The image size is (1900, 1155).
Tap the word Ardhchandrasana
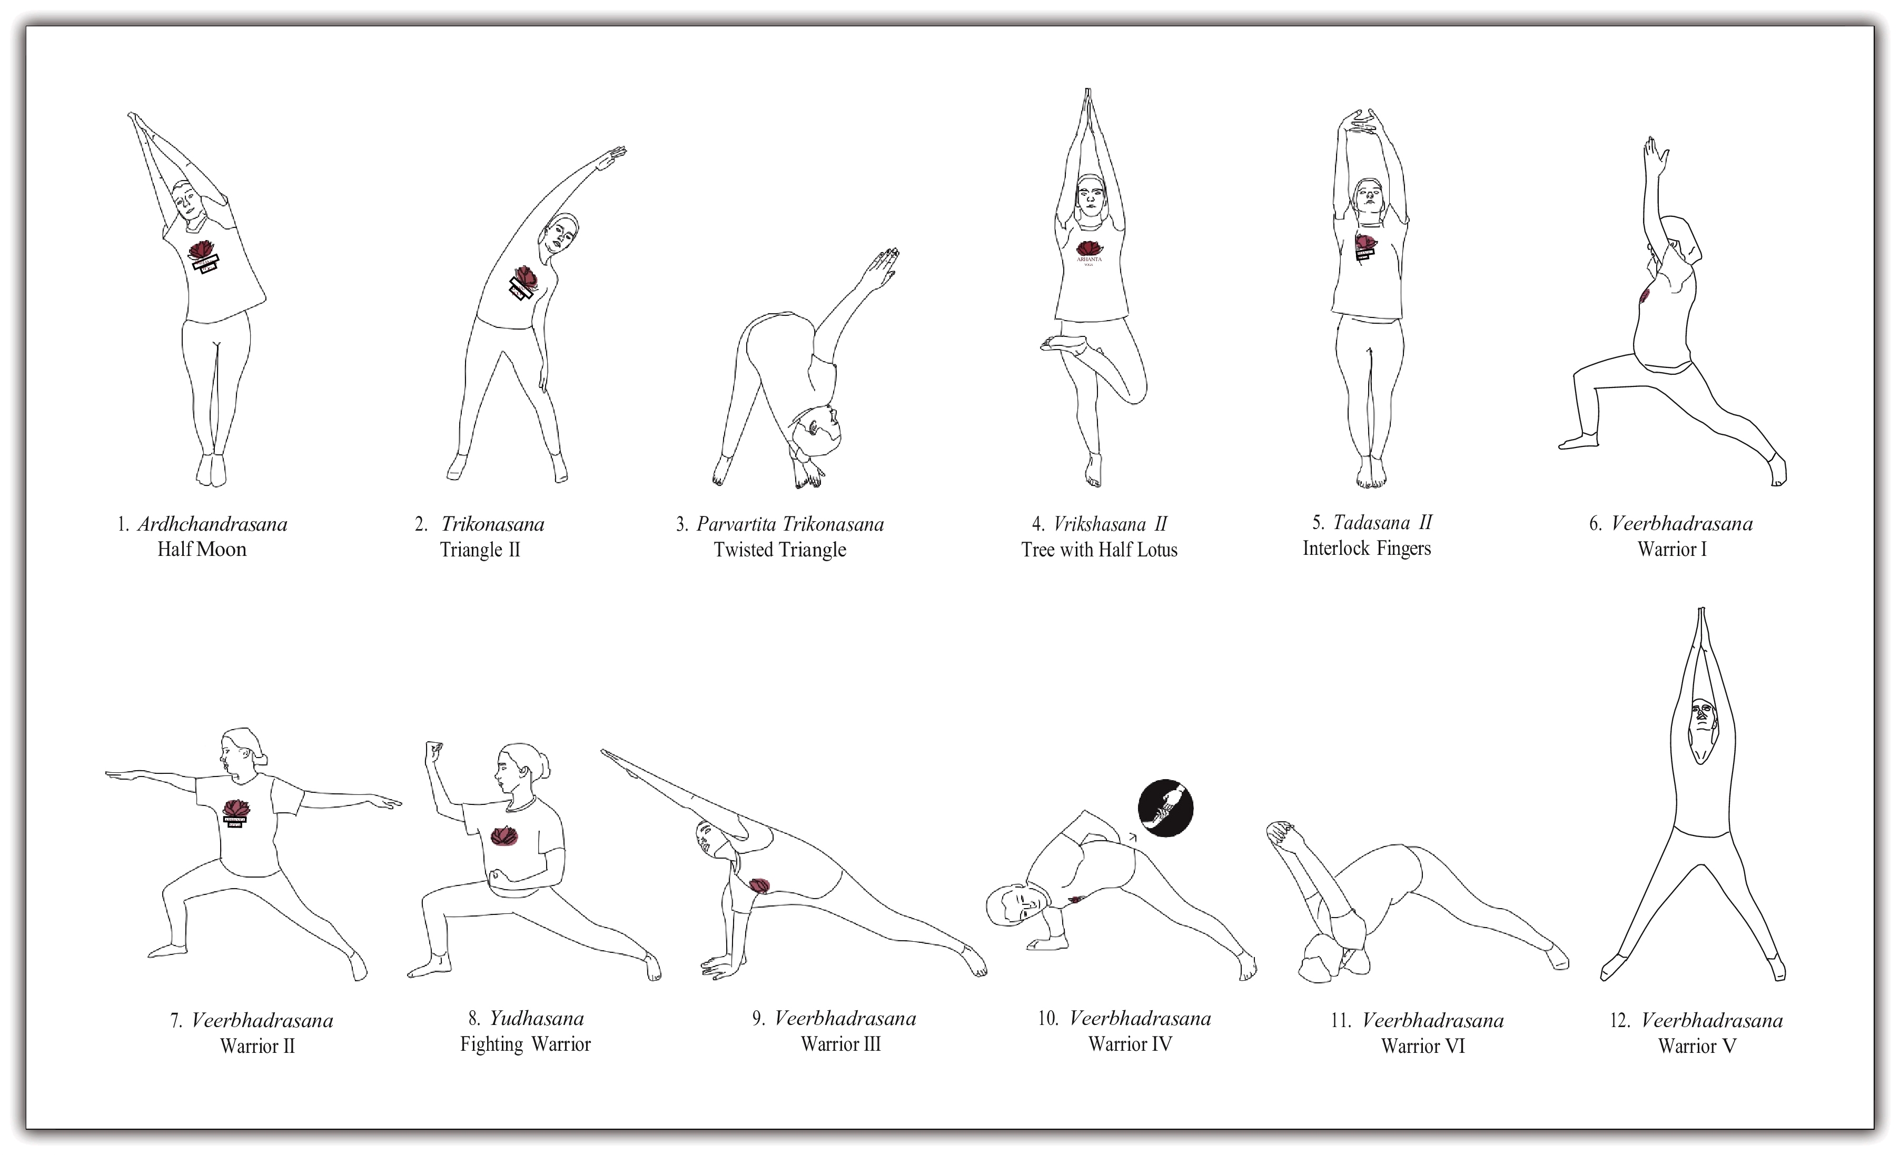[212, 524]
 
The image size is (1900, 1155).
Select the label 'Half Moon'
[202, 549]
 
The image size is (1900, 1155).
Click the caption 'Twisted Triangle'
[779, 550]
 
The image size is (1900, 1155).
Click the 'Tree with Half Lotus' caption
[1099, 550]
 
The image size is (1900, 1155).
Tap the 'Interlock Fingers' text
[1367, 548]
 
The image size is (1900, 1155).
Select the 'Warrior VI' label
[1423, 1046]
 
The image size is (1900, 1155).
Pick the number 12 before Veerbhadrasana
[1620, 1021]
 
